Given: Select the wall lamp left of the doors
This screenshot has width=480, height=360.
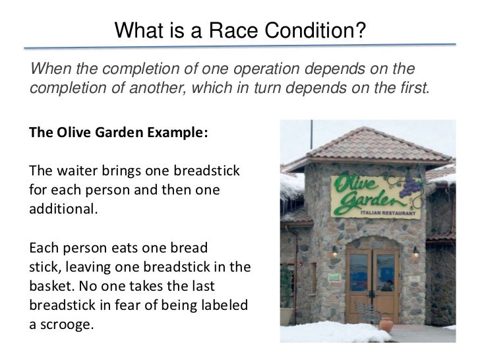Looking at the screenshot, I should (335, 251).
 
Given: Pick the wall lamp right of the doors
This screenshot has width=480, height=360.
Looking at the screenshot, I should (415, 251).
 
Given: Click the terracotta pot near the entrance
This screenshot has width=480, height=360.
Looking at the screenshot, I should (386, 323).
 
